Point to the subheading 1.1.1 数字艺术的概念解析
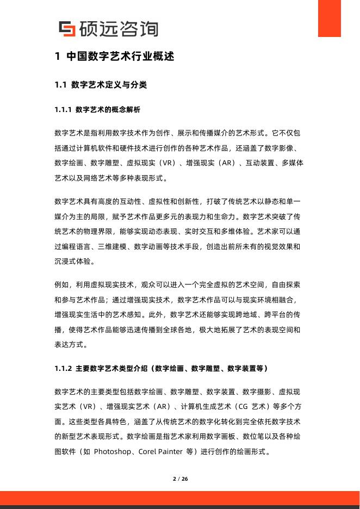pyautogui.click(x=97, y=110)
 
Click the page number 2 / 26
pyautogui.click(x=180, y=479)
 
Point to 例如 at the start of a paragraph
pyautogui.click(x=61, y=284)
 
